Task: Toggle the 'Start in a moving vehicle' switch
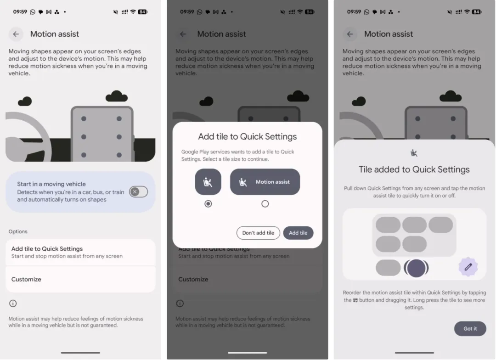(x=138, y=191)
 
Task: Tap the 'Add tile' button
(x=298, y=233)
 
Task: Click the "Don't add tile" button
(x=258, y=233)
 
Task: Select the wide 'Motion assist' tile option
(x=265, y=182)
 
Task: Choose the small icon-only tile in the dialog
(x=208, y=182)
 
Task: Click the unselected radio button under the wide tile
(x=265, y=204)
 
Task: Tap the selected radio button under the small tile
(x=208, y=204)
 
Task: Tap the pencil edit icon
(x=468, y=267)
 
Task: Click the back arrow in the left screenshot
(x=16, y=34)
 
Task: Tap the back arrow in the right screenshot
(x=350, y=34)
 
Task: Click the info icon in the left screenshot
(x=13, y=304)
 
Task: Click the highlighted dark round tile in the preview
(x=416, y=268)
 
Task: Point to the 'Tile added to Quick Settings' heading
(x=414, y=169)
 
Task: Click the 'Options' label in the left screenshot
(x=18, y=231)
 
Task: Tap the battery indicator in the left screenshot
(x=143, y=12)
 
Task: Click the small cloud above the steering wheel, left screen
(x=25, y=101)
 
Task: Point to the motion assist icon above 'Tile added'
(x=414, y=153)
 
